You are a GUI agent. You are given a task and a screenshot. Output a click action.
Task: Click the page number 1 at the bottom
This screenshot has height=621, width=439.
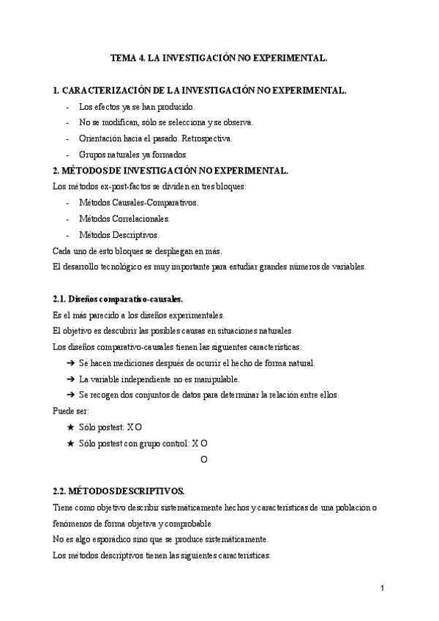click(x=383, y=588)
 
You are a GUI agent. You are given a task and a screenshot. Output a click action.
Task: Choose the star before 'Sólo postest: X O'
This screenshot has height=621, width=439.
click(x=70, y=427)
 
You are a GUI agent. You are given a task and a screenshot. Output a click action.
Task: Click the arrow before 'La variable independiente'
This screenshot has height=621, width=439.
click(x=70, y=379)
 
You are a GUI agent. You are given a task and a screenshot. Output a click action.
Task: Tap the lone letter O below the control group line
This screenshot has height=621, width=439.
click(x=204, y=459)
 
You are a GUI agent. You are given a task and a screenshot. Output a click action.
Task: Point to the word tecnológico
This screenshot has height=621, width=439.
click(x=127, y=267)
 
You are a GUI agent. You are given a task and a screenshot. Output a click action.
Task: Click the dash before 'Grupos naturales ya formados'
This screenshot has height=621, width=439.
click(x=67, y=154)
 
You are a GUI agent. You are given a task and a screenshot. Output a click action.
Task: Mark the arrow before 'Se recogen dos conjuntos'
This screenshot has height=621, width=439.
click(x=70, y=395)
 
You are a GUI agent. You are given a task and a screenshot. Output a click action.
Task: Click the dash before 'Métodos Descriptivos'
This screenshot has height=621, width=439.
click(x=67, y=234)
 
